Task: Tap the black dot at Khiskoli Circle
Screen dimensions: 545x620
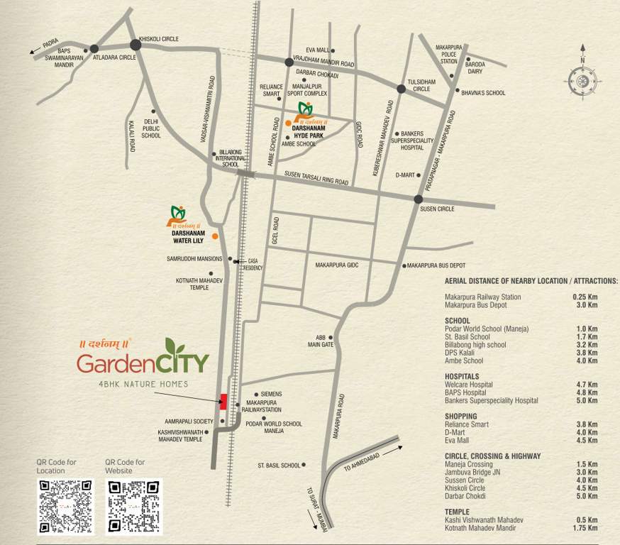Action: click(136, 45)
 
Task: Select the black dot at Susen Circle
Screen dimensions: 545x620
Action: click(419, 199)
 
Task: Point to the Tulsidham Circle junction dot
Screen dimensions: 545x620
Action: click(401, 89)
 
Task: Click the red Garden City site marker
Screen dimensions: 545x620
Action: click(223, 401)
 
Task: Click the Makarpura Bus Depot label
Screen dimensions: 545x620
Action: click(436, 265)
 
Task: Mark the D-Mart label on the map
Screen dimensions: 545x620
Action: click(405, 175)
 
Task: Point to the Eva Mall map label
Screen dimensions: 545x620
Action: click(317, 50)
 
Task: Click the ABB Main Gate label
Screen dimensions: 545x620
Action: click(320, 341)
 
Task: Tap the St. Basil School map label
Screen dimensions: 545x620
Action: click(279, 466)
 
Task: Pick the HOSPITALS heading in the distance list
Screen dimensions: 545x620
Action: click(462, 376)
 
